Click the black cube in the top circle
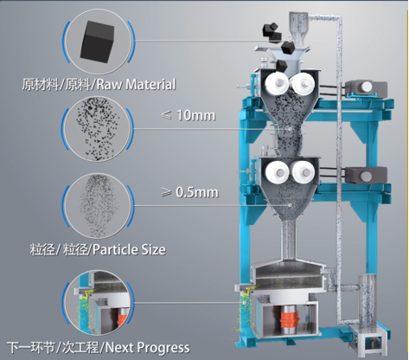coord(98,42)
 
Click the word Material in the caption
coord(150,84)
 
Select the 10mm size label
coord(195,115)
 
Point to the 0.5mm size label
coord(197,192)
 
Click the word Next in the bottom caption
coord(119,347)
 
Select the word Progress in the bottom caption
coord(163,348)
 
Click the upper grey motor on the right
coord(366,87)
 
